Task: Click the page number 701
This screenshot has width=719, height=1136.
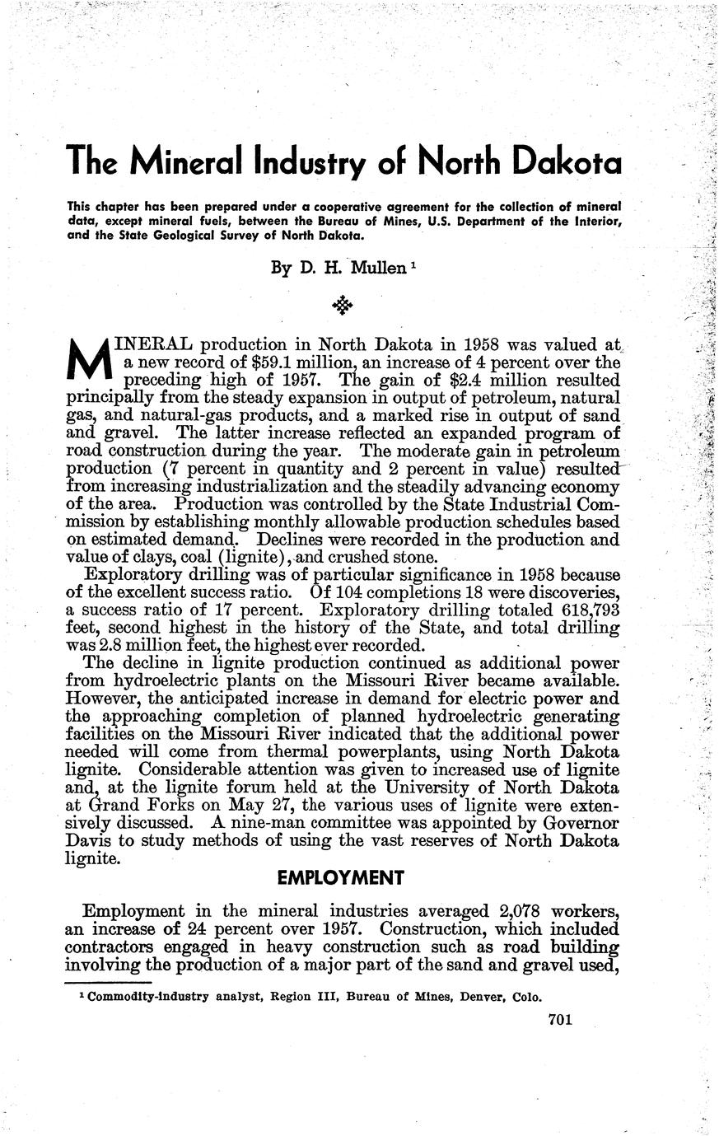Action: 558,1020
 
